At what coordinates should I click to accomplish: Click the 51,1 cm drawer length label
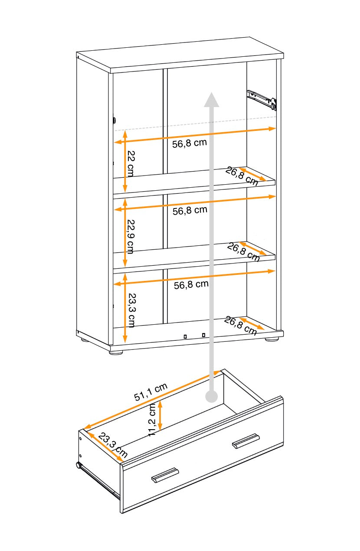pyautogui.click(x=151, y=392)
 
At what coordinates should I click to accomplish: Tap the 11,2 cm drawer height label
pyautogui.click(x=152, y=420)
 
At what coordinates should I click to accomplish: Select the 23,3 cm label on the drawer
pyautogui.click(x=112, y=445)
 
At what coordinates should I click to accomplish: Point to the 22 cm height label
pyautogui.click(x=130, y=163)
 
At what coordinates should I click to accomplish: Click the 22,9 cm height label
pyautogui.click(x=131, y=237)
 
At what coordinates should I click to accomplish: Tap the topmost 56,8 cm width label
pyautogui.click(x=190, y=143)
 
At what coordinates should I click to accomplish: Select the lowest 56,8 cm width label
pyautogui.click(x=191, y=285)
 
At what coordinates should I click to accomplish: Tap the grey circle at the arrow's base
pyautogui.click(x=212, y=396)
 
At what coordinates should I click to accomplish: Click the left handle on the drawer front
pyautogui.click(x=165, y=475)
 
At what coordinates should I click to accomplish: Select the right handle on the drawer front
pyautogui.click(x=245, y=441)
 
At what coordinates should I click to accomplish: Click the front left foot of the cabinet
pyautogui.click(x=116, y=352)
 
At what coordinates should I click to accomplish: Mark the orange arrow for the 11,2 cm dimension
pyautogui.click(x=160, y=415)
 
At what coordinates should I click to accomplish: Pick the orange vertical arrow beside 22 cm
pyautogui.click(x=124, y=161)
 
